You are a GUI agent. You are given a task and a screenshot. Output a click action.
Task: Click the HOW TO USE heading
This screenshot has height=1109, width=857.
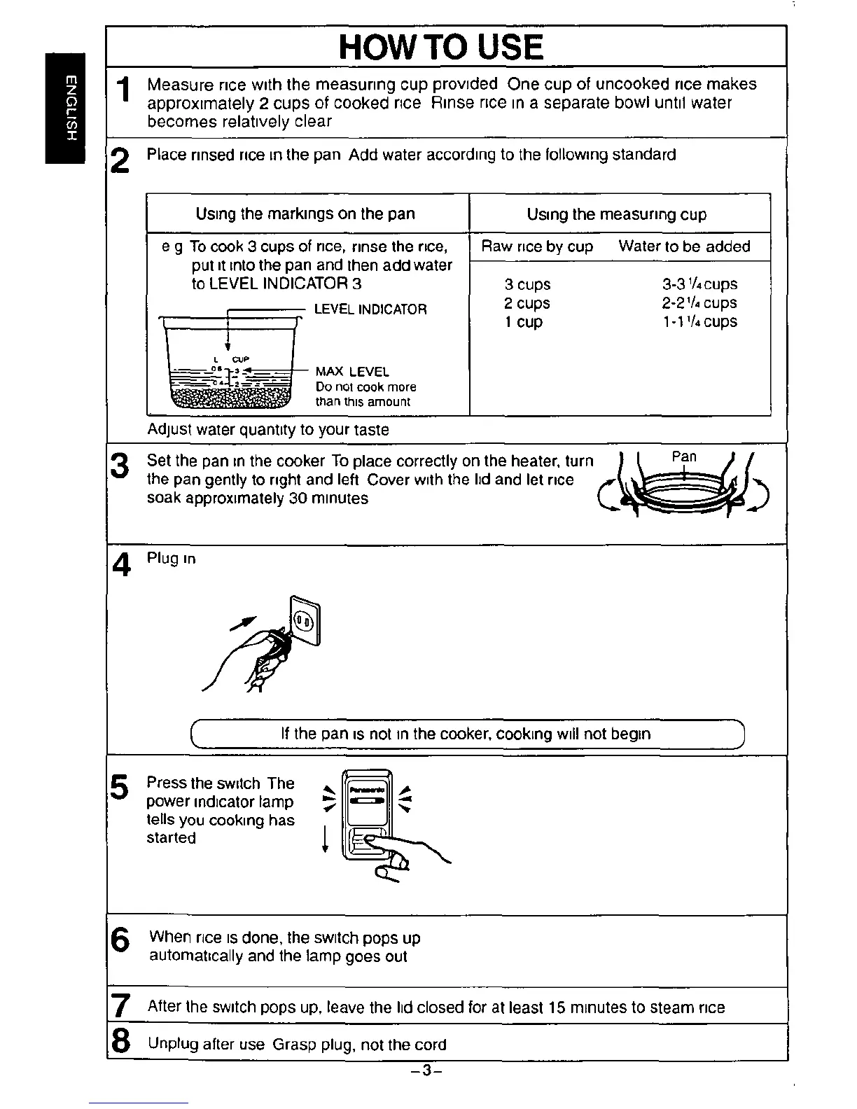(440, 47)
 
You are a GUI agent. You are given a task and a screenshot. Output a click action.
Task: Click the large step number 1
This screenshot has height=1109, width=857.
(124, 91)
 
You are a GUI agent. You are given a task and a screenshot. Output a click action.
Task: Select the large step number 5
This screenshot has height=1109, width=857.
(120, 788)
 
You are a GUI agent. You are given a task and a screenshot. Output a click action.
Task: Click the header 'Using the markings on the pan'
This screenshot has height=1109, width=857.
(305, 214)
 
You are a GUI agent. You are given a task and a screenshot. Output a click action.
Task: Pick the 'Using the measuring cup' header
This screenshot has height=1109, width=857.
(617, 214)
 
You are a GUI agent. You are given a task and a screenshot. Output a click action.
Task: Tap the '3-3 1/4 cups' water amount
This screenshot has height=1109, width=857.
(699, 284)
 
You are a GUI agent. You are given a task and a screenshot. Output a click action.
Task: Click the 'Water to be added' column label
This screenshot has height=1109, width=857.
(684, 246)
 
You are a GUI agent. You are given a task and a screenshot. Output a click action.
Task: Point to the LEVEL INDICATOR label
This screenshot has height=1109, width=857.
(370, 309)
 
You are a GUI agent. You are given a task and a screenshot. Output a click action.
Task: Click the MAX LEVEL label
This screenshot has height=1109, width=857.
(352, 372)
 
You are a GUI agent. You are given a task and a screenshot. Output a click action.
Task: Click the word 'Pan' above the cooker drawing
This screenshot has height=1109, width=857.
(684, 456)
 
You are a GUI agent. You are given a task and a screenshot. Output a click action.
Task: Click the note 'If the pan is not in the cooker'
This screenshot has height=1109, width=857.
(466, 734)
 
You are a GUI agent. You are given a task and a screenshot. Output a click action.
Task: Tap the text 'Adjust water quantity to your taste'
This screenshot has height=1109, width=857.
(268, 429)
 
